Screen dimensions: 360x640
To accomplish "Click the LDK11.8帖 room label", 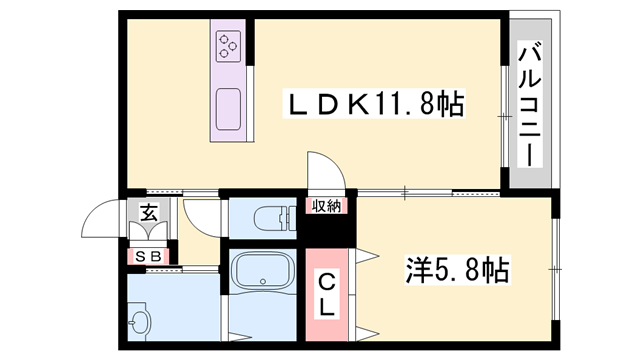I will pyautogui.click(x=375, y=105).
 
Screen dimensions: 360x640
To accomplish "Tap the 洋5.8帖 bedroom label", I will pyautogui.click(x=457, y=269).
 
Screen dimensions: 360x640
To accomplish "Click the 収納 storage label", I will pyautogui.click(x=326, y=206).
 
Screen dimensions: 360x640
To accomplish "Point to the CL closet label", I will pyautogui.click(x=327, y=294).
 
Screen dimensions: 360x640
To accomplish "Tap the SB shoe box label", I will pyautogui.click(x=148, y=256).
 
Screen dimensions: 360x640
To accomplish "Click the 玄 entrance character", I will pyautogui.click(x=148, y=213).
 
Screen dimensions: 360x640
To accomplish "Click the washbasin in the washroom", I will pyautogui.click(x=139, y=322).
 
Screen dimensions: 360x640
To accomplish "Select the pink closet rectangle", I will pyautogui.click(x=327, y=294).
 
